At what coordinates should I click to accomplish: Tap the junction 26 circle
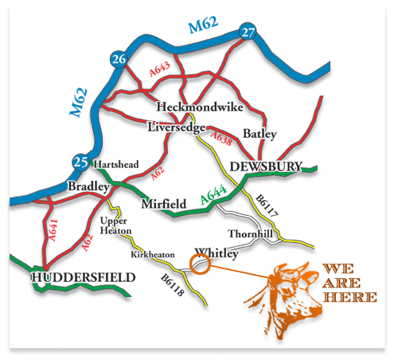point(119,60)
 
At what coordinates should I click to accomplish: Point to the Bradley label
point(88,186)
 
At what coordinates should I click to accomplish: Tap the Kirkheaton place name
point(150,256)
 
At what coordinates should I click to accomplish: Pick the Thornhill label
point(251,234)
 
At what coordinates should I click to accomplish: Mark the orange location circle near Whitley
point(201,265)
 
